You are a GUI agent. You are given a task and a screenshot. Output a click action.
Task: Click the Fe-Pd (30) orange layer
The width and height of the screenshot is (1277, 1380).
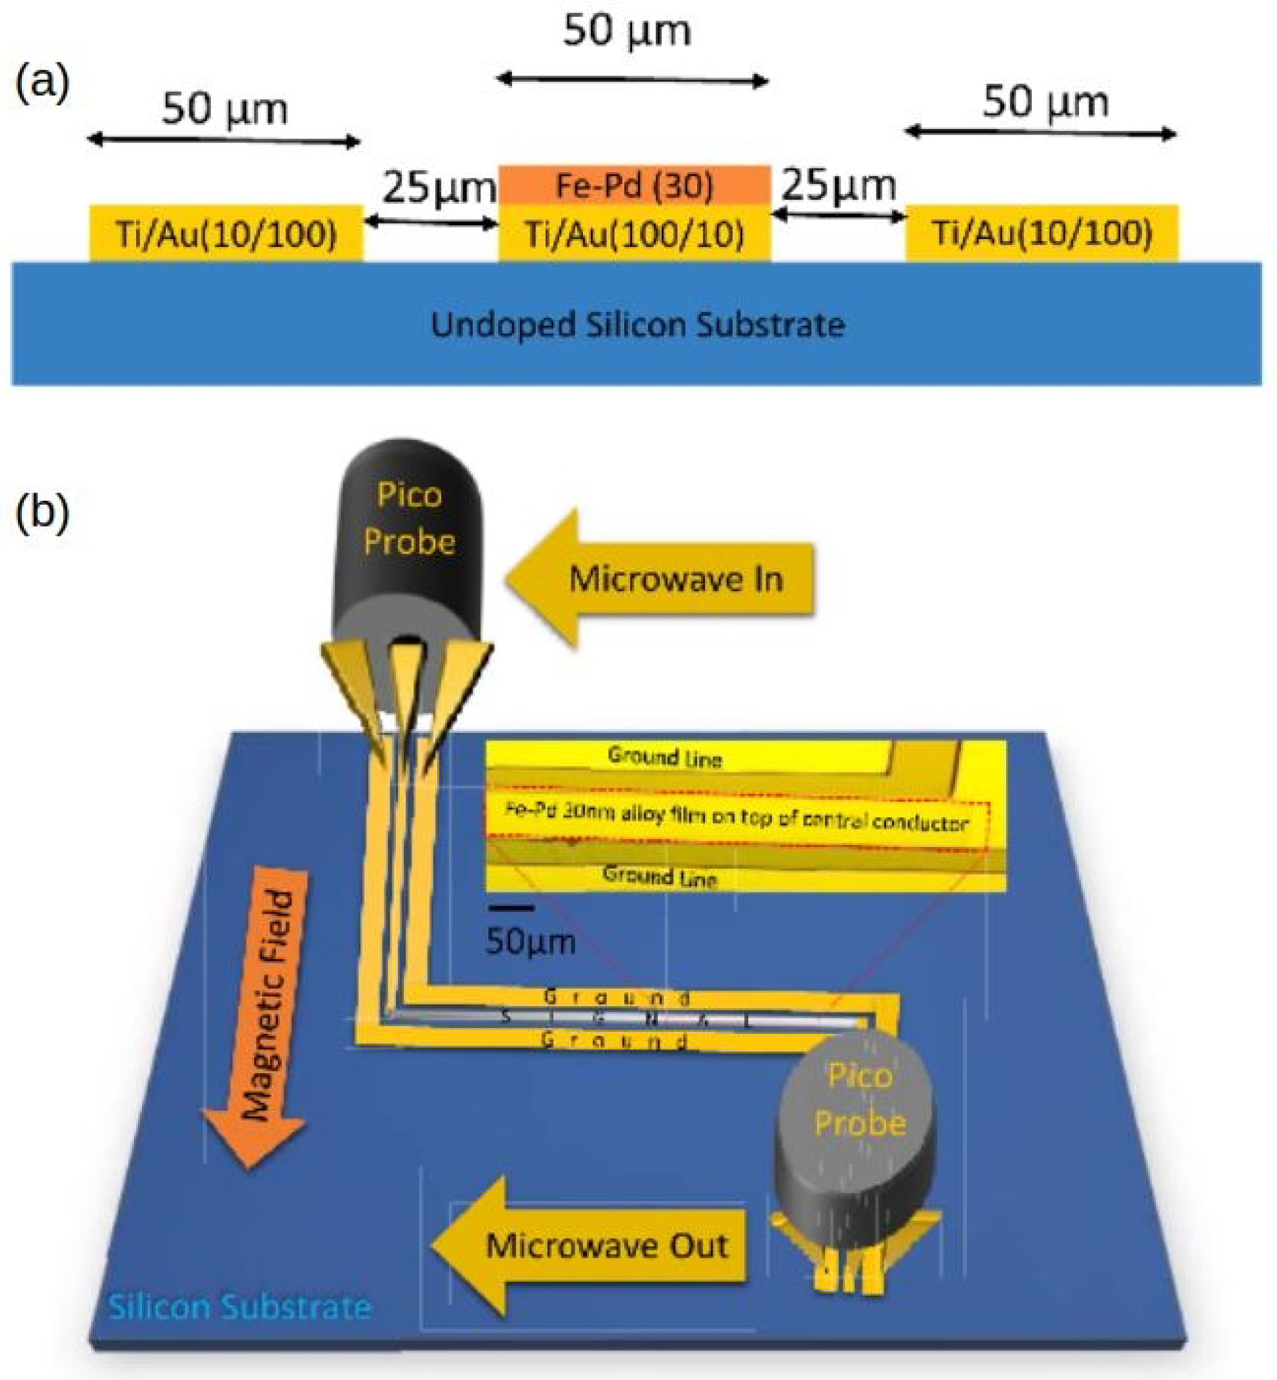(x=635, y=185)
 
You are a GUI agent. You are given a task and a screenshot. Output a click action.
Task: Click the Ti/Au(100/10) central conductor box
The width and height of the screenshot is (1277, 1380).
(x=635, y=234)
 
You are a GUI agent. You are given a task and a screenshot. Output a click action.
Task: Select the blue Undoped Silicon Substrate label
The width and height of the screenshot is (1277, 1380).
(x=637, y=325)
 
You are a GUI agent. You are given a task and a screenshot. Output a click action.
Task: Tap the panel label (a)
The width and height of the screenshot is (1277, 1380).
(x=42, y=83)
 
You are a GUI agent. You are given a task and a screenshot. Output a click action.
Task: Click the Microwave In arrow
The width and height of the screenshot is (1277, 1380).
(x=660, y=578)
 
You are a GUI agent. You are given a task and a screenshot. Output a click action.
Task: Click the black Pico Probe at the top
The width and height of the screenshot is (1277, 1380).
(x=409, y=532)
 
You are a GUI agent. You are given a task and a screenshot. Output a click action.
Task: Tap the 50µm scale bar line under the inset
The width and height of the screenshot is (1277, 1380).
(x=511, y=908)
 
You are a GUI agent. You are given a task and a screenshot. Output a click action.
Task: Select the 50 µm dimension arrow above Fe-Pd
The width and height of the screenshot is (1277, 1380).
(x=632, y=80)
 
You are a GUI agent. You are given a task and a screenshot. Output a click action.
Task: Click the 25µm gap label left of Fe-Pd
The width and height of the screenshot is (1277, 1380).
(x=438, y=187)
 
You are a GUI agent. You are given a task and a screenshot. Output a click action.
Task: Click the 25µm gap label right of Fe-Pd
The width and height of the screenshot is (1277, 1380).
(x=838, y=185)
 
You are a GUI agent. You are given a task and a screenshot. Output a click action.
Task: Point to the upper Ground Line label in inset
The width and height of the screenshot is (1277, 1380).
(x=665, y=758)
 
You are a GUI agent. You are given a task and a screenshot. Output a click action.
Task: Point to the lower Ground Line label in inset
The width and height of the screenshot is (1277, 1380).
(x=660, y=876)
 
